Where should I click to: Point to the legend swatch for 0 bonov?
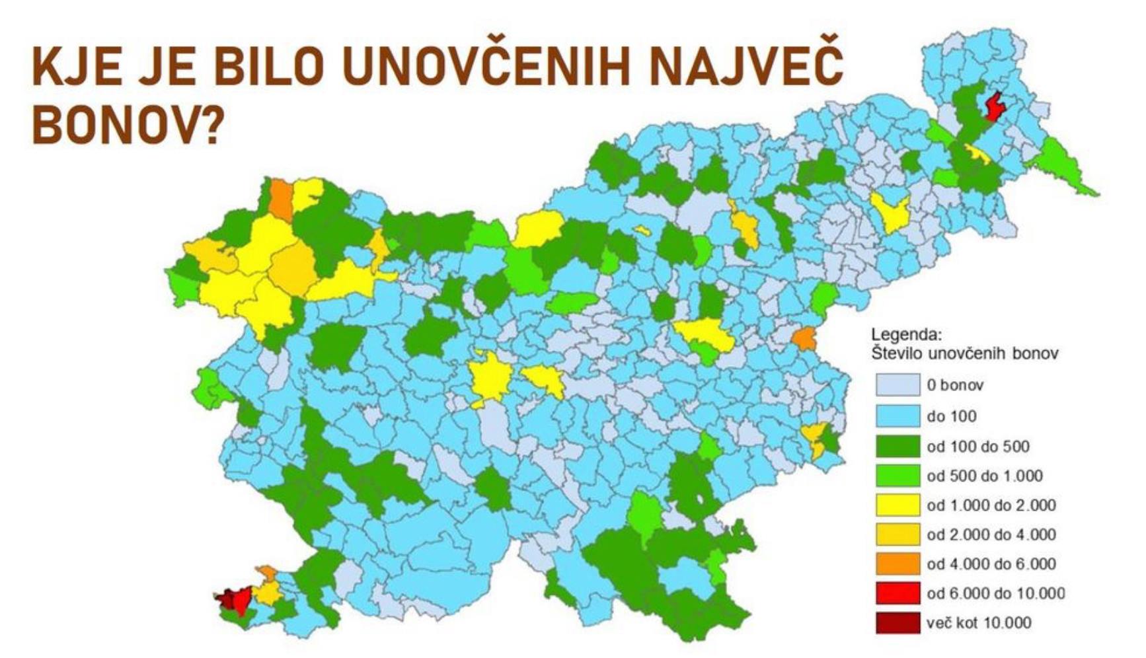pyautogui.click(x=898, y=385)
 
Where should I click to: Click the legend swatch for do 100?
pyautogui.click(x=898, y=416)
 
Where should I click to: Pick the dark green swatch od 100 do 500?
pyautogui.click(x=898, y=447)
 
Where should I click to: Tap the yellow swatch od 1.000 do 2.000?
pyautogui.click(x=898, y=505)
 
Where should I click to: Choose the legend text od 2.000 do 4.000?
pyautogui.click(x=991, y=534)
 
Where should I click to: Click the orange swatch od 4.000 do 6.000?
pyautogui.click(x=898, y=564)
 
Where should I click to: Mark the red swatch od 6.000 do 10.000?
pyautogui.click(x=898, y=593)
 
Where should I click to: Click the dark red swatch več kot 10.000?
pyautogui.click(x=898, y=622)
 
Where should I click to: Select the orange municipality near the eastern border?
pyautogui.click(x=804, y=338)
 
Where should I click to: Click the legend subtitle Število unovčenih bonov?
pyautogui.click(x=964, y=353)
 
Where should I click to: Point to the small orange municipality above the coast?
pyautogui.click(x=268, y=571)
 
